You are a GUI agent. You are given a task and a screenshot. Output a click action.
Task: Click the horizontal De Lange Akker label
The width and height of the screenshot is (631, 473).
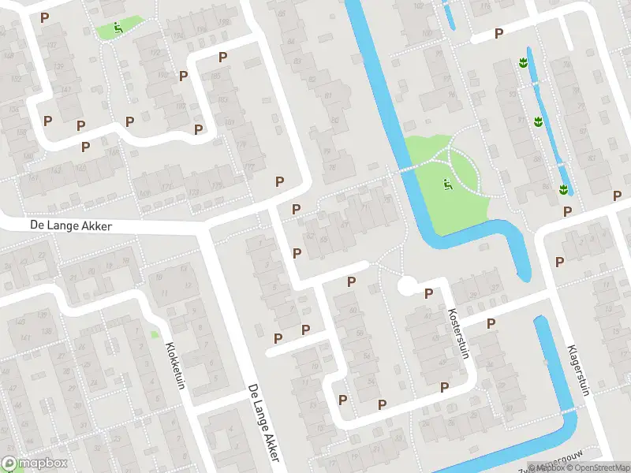pyautogui.click(x=71, y=225)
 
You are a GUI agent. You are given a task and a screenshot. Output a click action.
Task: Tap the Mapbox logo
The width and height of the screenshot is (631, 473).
pyautogui.click(x=35, y=464)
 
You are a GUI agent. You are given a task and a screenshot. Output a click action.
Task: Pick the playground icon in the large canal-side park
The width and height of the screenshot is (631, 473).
pyautogui.click(x=447, y=186)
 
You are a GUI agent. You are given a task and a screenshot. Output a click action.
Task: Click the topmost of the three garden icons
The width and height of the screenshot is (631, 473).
pyautogui.click(x=522, y=62)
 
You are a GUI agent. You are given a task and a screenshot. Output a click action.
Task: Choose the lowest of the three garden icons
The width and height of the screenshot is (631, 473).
pyautogui.click(x=564, y=188)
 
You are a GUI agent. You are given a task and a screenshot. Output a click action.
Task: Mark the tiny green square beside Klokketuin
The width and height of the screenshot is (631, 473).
pyautogui.click(x=155, y=334)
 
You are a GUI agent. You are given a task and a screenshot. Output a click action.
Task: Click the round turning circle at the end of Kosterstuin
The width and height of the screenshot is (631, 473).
pyautogui.click(x=408, y=285)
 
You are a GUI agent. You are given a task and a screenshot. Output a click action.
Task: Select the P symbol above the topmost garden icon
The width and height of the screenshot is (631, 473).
pyautogui.click(x=498, y=33)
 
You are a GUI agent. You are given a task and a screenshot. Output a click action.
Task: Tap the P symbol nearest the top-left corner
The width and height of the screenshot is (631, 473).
pyautogui.click(x=44, y=17)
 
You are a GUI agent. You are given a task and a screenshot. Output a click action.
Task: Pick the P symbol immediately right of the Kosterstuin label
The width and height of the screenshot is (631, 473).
pyautogui.click(x=491, y=323)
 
